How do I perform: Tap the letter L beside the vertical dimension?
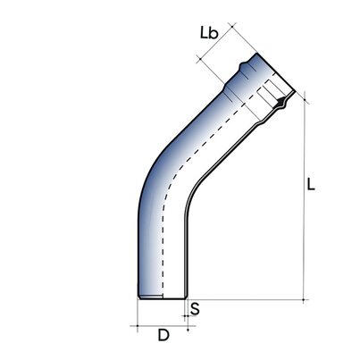point(310,187)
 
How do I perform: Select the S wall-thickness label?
point(196,309)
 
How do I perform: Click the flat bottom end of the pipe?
point(162,297)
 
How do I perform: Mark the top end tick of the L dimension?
point(304,92)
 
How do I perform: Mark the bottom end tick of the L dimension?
point(304,298)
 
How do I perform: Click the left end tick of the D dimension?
point(138,326)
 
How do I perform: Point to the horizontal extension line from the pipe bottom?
point(250,298)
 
